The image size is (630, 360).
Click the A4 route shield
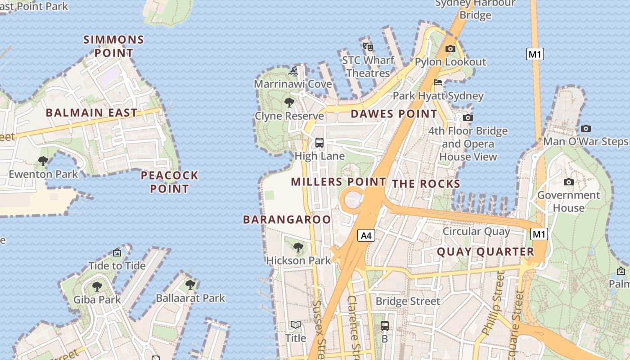(367, 235)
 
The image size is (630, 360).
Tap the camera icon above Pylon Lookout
(450, 49)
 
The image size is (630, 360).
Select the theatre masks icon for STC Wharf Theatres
(368, 45)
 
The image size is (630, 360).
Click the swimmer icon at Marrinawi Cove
(293, 71)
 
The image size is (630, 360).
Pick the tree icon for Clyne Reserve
(289, 103)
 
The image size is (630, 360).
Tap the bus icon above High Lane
(319, 143)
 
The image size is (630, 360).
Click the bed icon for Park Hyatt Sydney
(438, 82)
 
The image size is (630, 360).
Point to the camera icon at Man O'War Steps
(585, 128)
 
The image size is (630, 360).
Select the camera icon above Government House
(569, 182)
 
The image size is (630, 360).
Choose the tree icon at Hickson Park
(298, 247)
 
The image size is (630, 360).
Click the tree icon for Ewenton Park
(43, 161)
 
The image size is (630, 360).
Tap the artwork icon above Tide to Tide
(117, 252)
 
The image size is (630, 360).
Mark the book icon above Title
(296, 324)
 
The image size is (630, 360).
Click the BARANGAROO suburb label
(287, 220)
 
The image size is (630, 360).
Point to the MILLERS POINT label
(338, 182)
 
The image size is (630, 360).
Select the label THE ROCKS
(426, 184)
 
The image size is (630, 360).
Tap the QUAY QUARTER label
(486, 252)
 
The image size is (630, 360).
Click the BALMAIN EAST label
(91, 112)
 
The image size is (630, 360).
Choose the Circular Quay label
(477, 231)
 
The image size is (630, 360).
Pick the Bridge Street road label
(408, 301)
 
